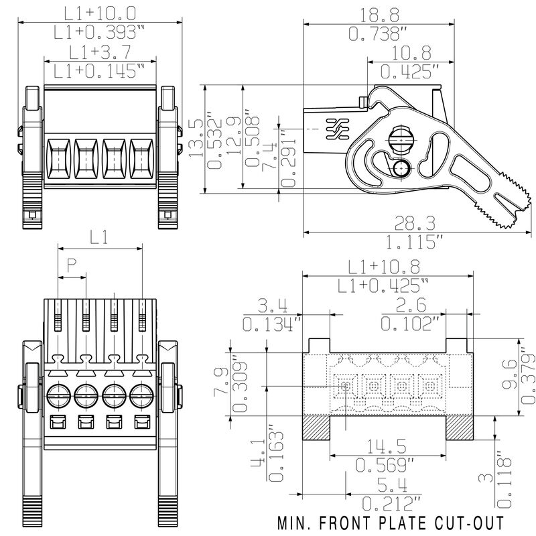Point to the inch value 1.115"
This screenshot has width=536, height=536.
click(x=403, y=241)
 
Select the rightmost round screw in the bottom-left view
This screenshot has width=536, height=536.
click(x=142, y=394)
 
